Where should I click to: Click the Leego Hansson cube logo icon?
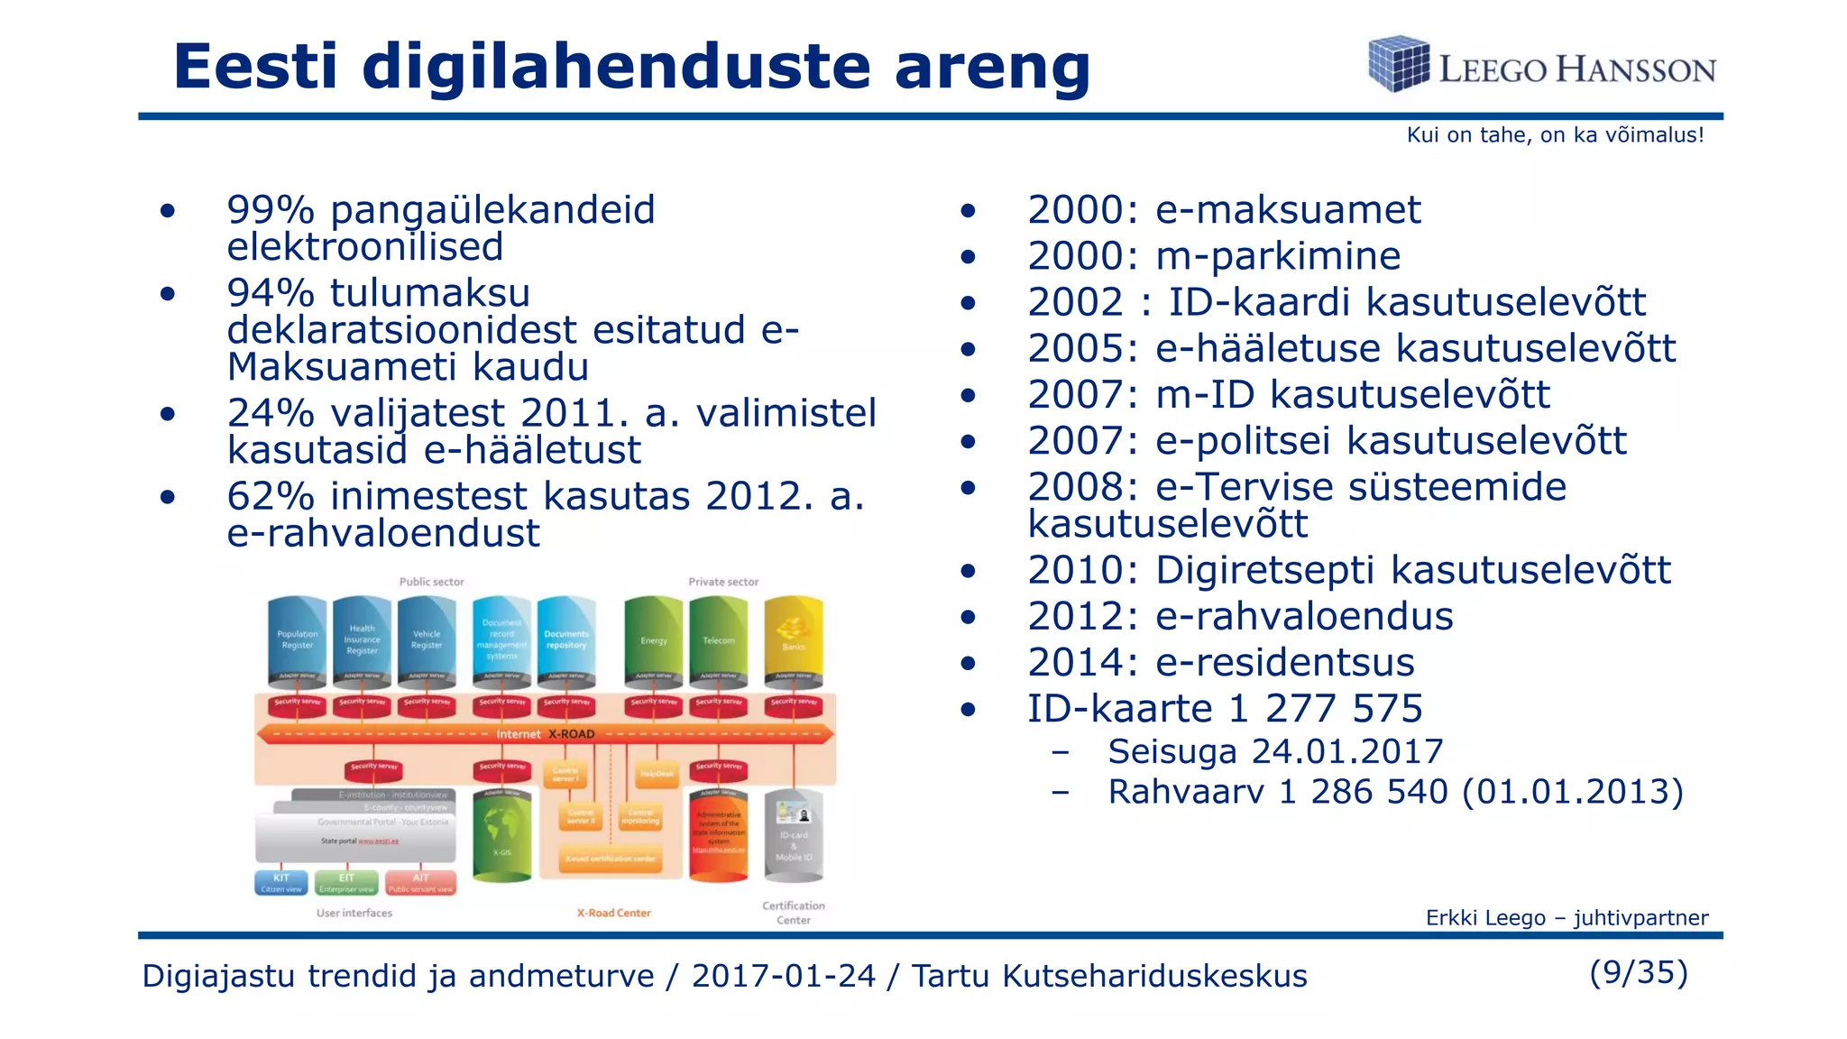[x=1398, y=63]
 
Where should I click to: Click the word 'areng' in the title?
[x=992, y=68]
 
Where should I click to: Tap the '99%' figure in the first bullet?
[x=270, y=210]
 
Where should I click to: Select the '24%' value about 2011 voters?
[x=270, y=413]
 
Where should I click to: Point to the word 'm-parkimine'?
[x=1278, y=256]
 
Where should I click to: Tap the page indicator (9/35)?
[x=1639, y=972]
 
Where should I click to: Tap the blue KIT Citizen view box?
[x=281, y=883]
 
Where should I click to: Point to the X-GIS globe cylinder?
[x=502, y=834]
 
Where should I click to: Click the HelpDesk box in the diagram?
[x=657, y=774]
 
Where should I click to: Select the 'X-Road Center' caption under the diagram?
[x=614, y=913]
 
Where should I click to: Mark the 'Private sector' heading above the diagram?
[x=723, y=582]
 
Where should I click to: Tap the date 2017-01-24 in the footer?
[x=784, y=976]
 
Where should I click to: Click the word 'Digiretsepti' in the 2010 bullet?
[x=1267, y=571]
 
